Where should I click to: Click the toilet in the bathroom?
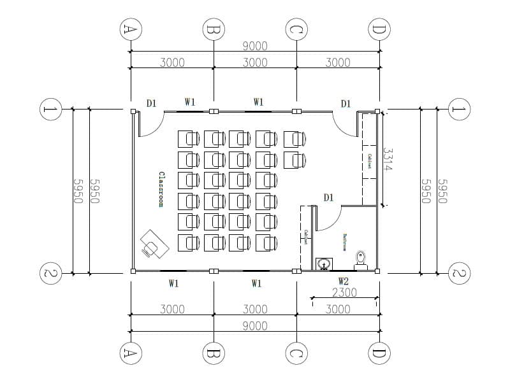pos(361,258)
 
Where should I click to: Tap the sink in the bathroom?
pos(324,263)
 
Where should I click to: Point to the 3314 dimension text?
pos(387,159)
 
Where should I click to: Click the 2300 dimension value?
pos(344,293)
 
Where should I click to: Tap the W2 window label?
pos(343,281)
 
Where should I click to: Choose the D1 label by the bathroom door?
pos(328,198)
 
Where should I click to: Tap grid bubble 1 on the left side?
pos(50,109)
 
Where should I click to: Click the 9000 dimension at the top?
pos(255,46)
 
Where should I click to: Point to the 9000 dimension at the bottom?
pos(255,326)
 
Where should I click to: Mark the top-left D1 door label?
pos(151,103)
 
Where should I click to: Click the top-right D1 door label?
pos(346,103)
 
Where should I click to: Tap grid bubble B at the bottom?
pos(214,353)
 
